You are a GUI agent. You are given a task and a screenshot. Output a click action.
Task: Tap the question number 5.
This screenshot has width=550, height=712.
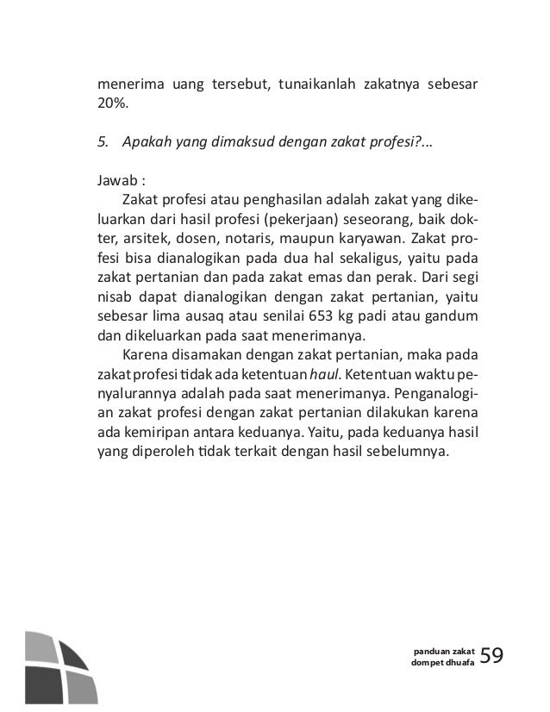(102, 141)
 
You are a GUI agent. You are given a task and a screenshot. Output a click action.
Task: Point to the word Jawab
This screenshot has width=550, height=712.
(117, 181)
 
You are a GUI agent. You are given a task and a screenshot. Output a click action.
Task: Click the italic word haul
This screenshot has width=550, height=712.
(324, 373)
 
